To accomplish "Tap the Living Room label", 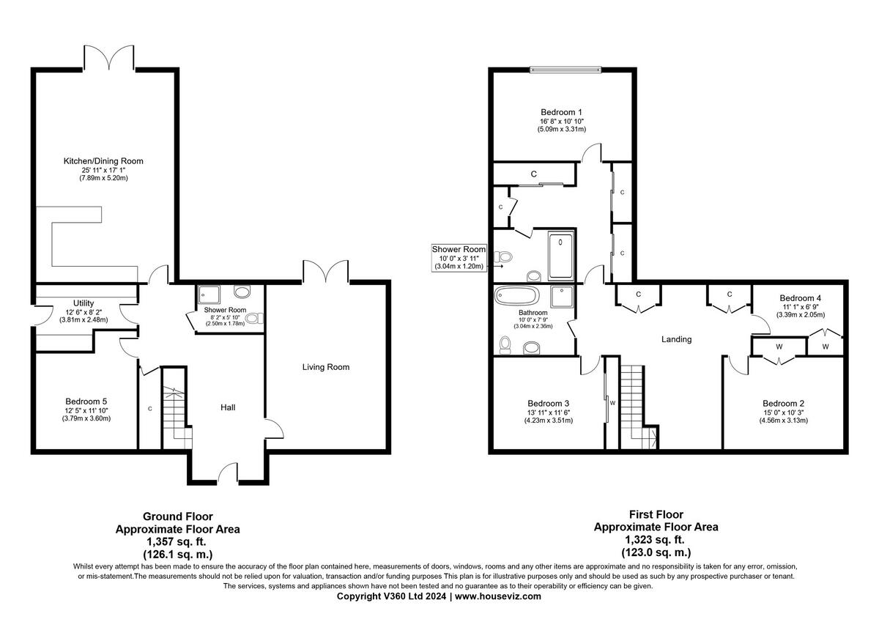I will coord(325,367).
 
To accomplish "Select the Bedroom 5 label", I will coord(86,401).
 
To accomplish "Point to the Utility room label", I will coord(84,303).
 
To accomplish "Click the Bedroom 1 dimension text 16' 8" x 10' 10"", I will coord(561,120).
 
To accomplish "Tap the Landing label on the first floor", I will coord(676,339).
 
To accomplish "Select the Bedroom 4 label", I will coord(801,298).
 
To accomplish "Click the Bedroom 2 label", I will coord(784,403).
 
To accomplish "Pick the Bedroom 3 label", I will coord(549,403).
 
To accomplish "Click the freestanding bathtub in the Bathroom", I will coord(517,296).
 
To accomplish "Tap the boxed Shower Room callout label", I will coord(459,250).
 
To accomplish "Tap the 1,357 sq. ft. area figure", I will coord(177,542).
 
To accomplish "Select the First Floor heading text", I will coord(656,514).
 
